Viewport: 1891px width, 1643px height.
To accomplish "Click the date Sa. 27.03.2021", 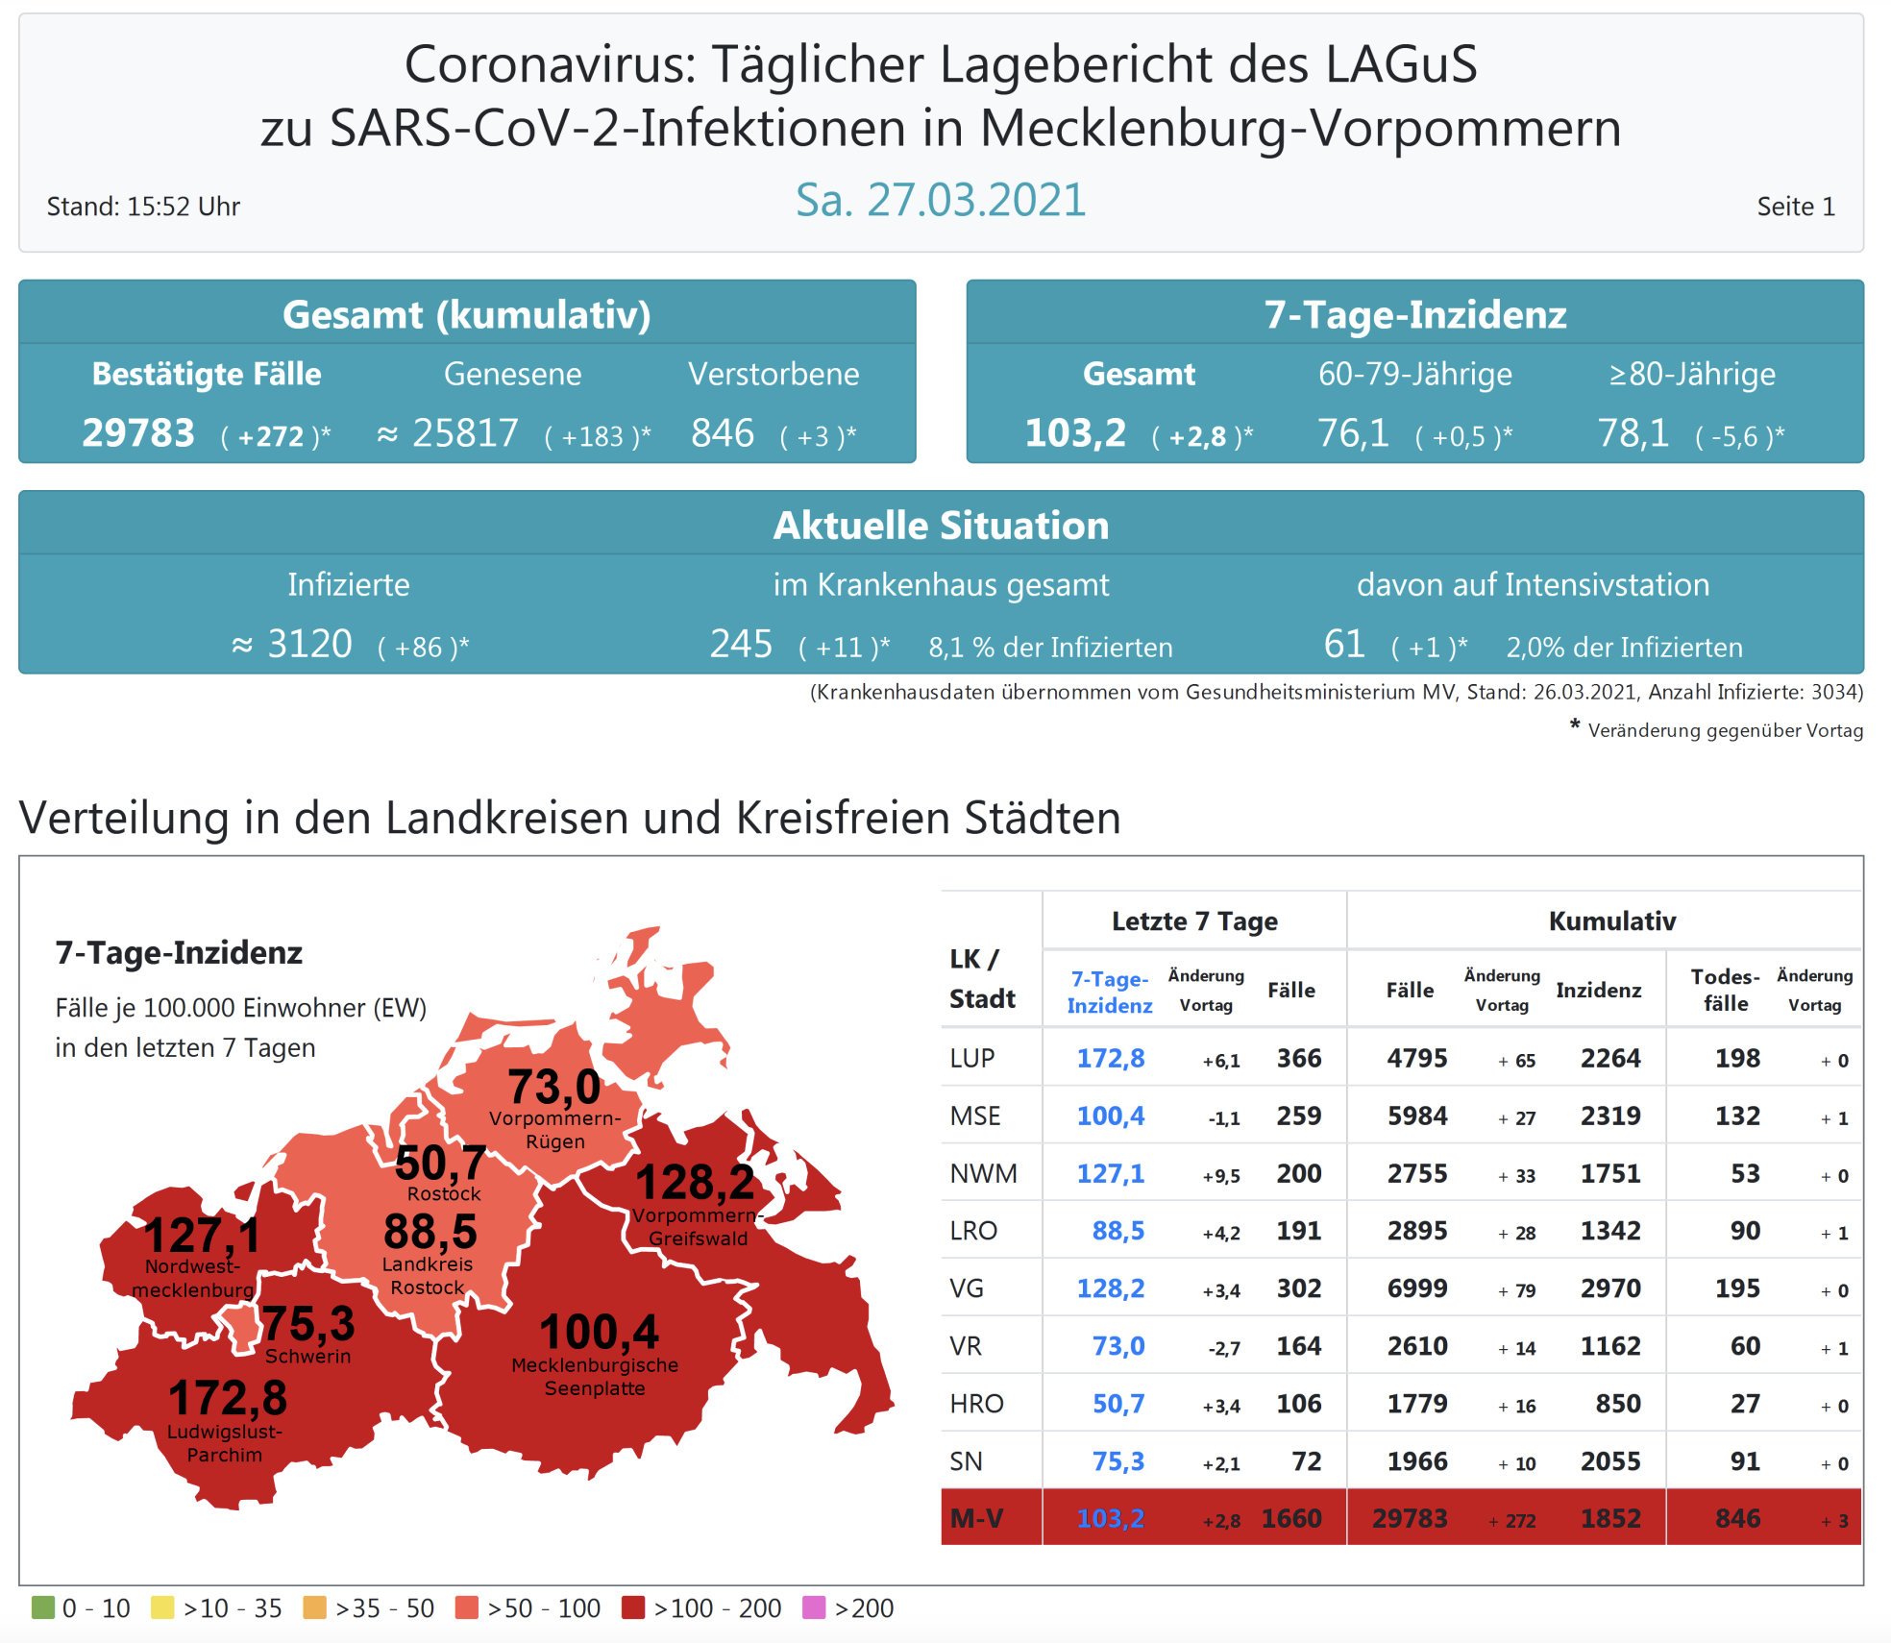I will pyautogui.click(x=940, y=201).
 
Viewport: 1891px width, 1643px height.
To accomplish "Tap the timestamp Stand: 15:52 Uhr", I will pyautogui.click(x=143, y=207).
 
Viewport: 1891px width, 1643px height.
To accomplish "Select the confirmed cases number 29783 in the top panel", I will pyautogui.click(x=138, y=433).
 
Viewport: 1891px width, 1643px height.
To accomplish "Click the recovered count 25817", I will pyautogui.click(x=466, y=433).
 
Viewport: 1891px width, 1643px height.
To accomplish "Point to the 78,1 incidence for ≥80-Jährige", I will pyautogui.click(x=1633, y=433).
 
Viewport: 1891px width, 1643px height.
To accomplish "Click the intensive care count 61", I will pyautogui.click(x=1343, y=644).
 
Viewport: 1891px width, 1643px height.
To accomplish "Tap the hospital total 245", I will pyautogui.click(x=741, y=644).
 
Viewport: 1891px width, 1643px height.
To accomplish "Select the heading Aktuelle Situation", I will pyautogui.click(x=941, y=526).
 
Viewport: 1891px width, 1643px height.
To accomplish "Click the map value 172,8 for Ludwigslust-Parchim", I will pyautogui.click(x=228, y=1398).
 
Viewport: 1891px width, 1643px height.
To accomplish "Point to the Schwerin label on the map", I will pyautogui.click(x=307, y=1357).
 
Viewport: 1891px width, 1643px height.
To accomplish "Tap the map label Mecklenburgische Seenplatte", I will pyautogui.click(x=595, y=1376).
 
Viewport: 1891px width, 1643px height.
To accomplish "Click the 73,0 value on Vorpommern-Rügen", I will pyautogui.click(x=553, y=1087).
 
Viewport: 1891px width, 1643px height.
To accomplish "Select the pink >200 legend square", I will pyautogui.click(x=814, y=1607).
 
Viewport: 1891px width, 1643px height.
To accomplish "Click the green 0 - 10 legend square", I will pyautogui.click(x=43, y=1607).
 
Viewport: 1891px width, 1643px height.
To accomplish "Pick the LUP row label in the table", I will pyautogui.click(x=972, y=1058).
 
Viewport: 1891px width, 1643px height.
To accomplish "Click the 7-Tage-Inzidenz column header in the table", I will pyautogui.click(x=1110, y=992).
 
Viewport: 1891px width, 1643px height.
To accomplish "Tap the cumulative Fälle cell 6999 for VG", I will pyautogui.click(x=1417, y=1288).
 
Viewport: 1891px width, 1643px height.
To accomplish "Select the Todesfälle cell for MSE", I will pyautogui.click(x=1737, y=1116).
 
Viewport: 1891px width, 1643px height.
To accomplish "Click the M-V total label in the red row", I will pyautogui.click(x=976, y=1518).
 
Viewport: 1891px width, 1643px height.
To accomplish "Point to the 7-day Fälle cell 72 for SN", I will pyautogui.click(x=1306, y=1461).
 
